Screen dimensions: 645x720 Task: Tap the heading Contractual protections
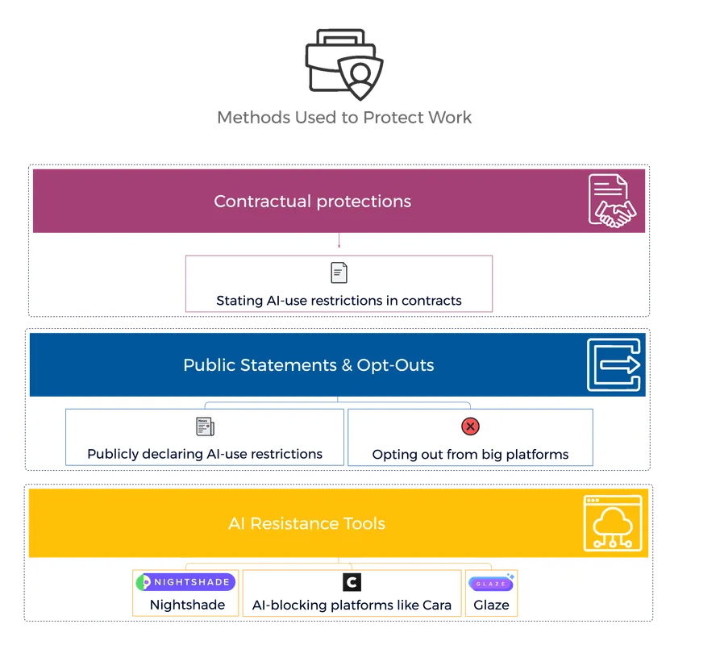pyautogui.click(x=312, y=202)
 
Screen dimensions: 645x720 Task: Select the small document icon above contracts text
pyautogui.click(x=339, y=273)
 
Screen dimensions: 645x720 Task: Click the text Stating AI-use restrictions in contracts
pyautogui.click(x=339, y=301)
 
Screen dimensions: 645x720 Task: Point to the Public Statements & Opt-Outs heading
pyautogui.click(x=308, y=365)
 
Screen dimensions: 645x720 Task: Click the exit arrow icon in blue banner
pyautogui.click(x=613, y=364)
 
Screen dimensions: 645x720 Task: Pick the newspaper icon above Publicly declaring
pyautogui.click(x=205, y=427)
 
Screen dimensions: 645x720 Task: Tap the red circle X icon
pyautogui.click(x=470, y=427)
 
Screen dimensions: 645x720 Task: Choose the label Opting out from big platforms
pyautogui.click(x=470, y=455)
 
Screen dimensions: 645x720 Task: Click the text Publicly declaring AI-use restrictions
pyautogui.click(x=205, y=454)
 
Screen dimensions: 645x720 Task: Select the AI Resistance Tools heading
pyautogui.click(x=306, y=523)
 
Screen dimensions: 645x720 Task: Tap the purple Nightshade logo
pyautogui.click(x=185, y=582)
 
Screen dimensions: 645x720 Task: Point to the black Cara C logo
pyautogui.click(x=352, y=582)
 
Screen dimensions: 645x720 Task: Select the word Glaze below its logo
pyautogui.click(x=491, y=605)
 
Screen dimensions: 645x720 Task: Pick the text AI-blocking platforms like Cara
pyautogui.click(x=352, y=605)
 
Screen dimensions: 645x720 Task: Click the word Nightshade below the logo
pyautogui.click(x=187, y=605)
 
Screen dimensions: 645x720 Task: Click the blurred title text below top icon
pyautogui.click(x=345, y=118)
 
